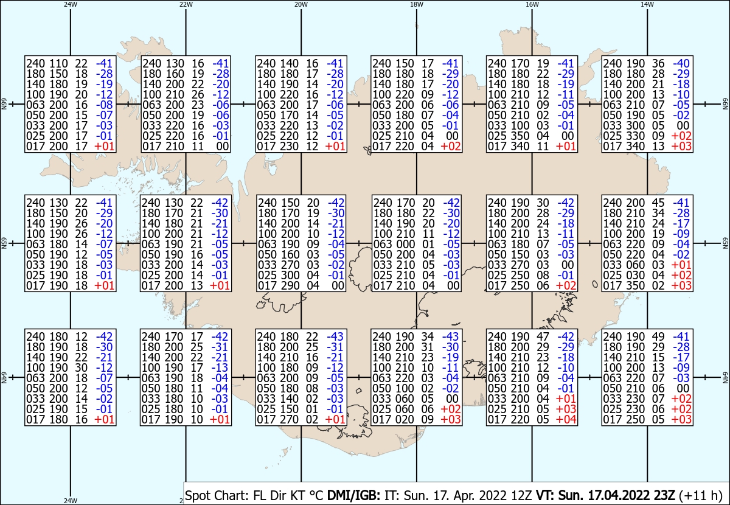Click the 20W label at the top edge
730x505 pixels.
coord(301,4)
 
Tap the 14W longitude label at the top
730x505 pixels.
coord(647,4)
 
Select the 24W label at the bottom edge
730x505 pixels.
coord(71,500)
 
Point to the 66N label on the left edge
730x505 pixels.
coord(4,104)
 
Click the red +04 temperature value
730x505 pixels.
coord(566,419)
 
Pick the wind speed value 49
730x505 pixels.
coord(658,336)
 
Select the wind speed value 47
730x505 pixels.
coord(543,336)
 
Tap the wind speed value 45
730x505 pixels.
coord(658,203)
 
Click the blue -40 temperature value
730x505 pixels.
coord(681,63)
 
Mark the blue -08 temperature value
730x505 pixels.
coord(104,105)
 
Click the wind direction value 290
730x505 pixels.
coord(290,285)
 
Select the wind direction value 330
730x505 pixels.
coord(636,136)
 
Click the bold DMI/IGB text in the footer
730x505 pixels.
coord(353,495)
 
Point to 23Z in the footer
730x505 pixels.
coord(664,495)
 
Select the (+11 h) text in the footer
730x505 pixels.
coord(701,496)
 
